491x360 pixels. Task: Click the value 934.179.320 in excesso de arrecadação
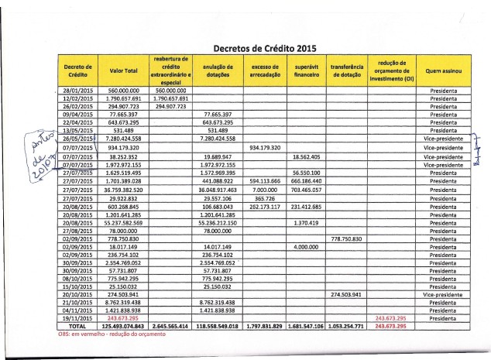(265, 147)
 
